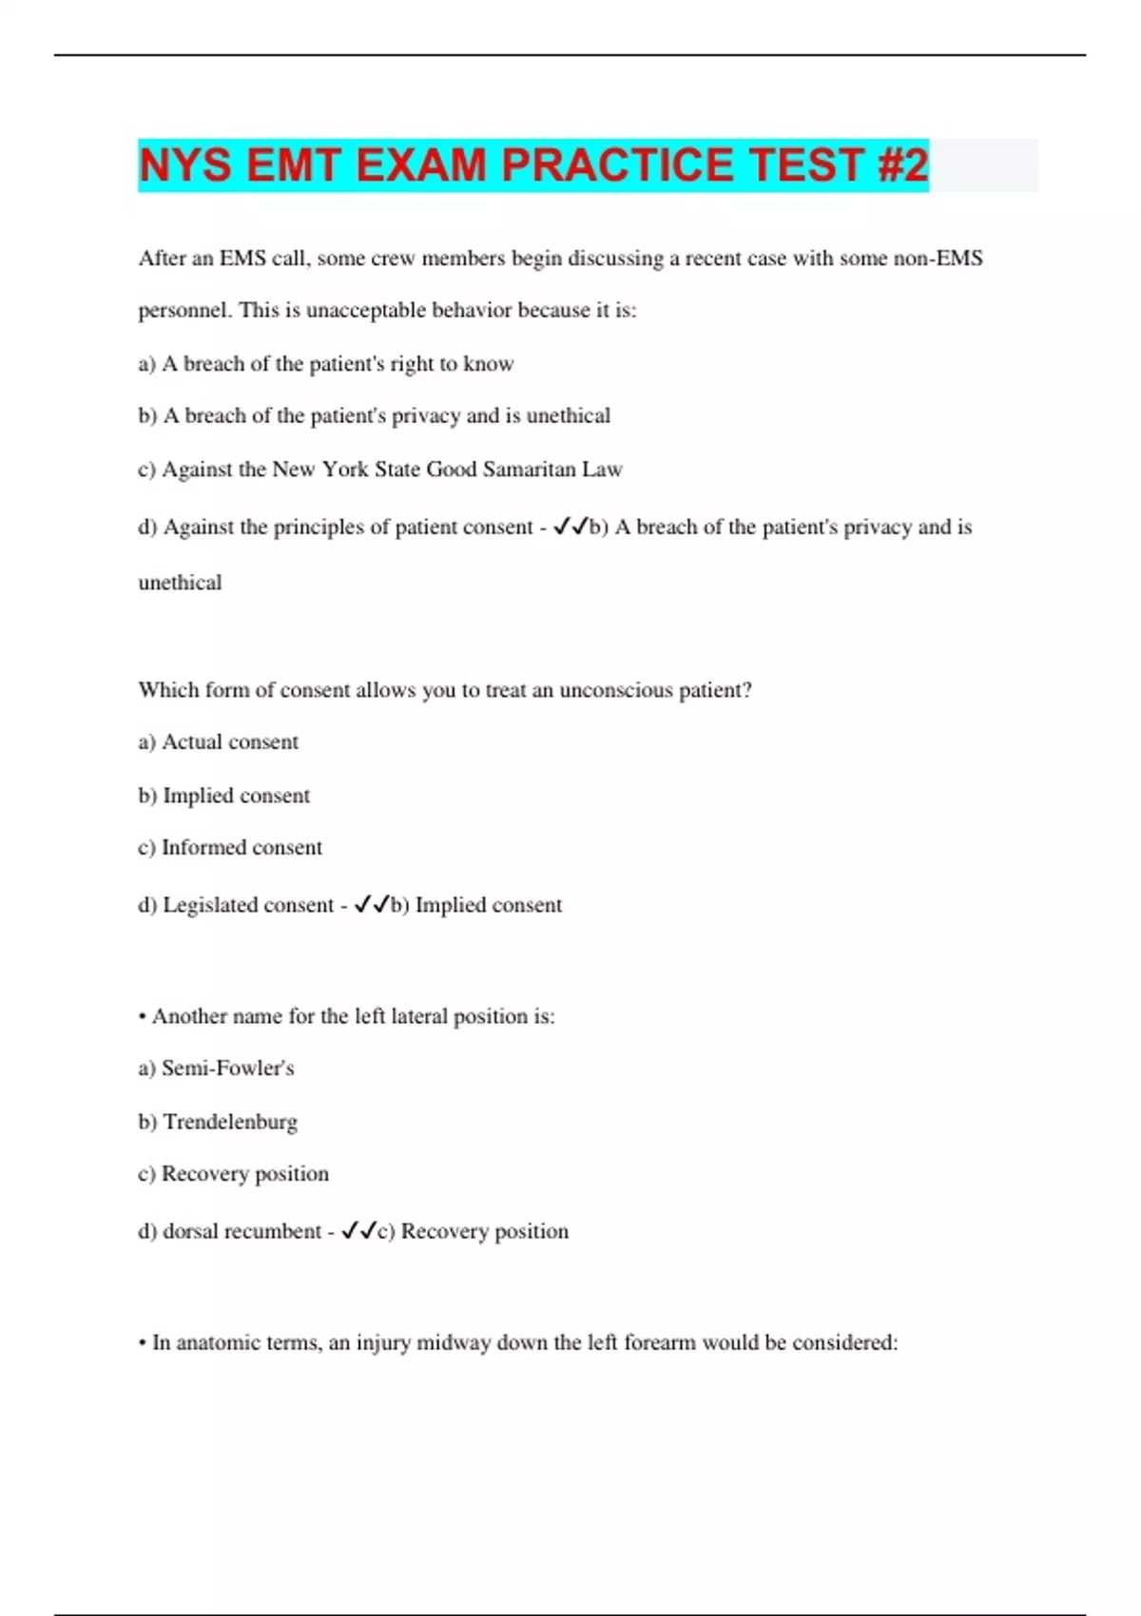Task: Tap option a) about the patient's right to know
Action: pyautogui.click(x=326, y=364)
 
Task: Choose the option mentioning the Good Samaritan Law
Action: pyautogui.click(x=380, y=470)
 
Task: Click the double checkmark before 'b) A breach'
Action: pyautogui.click(x=570, y=526)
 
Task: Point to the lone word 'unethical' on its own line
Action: pyautogui.click(x=180, y=583)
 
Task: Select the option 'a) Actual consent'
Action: pyautogui.click(x=219, y=742)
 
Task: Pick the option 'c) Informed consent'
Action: pyautogui.click(x=230, y=848)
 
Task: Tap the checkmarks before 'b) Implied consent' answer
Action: pyautogui.click(x=372, y=905)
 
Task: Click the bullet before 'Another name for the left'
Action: pyautogui.click(x=142, y=1017)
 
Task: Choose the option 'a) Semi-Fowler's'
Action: pyautogui.click(x=217, y=1068)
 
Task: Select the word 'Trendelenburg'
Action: pyautogui.click(x=230, y=1123)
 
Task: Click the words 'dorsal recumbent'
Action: pyautogui.click(x=242, y=1232)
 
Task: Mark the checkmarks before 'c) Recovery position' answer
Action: pyautogui.click(x=358, y=1231)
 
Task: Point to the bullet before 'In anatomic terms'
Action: pyautogui.click(x=142, y=1343)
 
